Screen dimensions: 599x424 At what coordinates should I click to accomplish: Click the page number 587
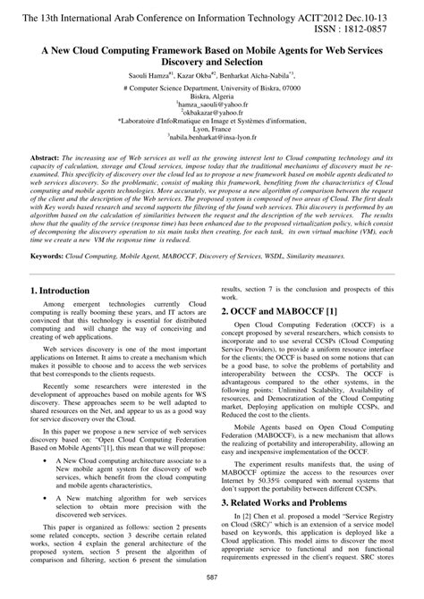click(211, 584)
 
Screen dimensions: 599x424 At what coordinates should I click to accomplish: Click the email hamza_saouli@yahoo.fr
click(212, 105)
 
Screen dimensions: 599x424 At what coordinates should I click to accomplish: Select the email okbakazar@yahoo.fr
click(212, 114)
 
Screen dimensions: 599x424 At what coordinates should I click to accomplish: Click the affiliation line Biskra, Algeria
click(212, 97)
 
